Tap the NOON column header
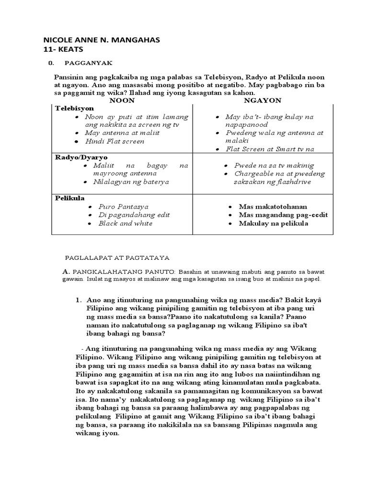pos(122,100)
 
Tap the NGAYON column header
pos(263,100)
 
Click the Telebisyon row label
pos(74,109)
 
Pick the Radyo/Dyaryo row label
pos(81,157)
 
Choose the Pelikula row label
pos(70,198)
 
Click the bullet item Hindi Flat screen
pos(115,141)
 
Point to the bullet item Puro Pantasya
pos(123,207)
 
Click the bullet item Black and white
pos(125,223)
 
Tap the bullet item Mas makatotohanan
pos(273,207)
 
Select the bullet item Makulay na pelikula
pos(274,223)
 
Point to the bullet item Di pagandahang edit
pos(134,215)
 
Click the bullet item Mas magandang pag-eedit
pos(283,215)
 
